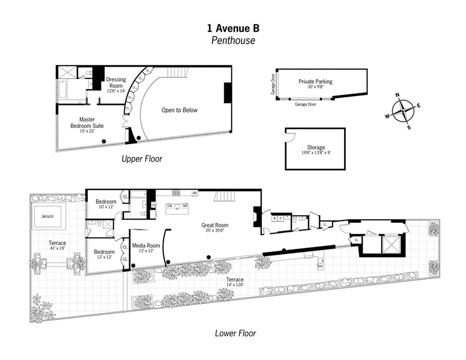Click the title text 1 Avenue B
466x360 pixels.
point(233,28)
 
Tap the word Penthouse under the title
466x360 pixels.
point(233,40)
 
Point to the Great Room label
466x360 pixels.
point(215,228)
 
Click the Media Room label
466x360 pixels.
point(146,248)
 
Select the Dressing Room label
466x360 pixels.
point(116,85)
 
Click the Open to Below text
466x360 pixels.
point(179,110)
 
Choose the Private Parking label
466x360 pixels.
point(315,84)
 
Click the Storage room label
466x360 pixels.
point(316,150)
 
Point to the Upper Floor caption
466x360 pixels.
point(141,159)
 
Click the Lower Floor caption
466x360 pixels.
point(235,333)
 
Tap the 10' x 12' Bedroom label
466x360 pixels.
point(105,204)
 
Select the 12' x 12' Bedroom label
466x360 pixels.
point(104,255)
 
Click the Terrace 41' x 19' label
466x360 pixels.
point(58,246)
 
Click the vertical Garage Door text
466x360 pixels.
point(273,84)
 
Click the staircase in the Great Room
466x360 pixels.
point(224,196)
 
